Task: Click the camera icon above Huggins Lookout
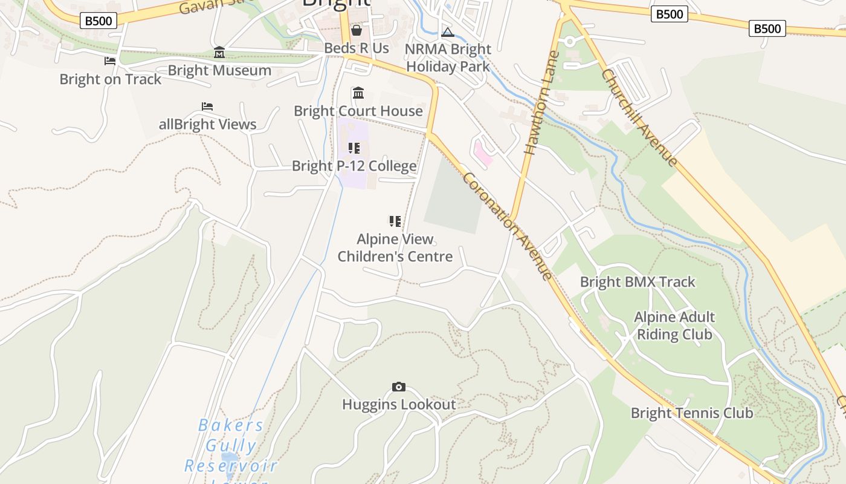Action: point(398,387)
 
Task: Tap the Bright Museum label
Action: point(219,70)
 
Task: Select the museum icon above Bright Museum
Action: point(219,53)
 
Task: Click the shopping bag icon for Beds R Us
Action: point(357,30)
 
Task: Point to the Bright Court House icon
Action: point(358,93)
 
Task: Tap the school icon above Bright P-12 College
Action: point(354,148)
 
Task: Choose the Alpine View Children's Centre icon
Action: point(395,221)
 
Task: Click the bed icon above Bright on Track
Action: point(110,61)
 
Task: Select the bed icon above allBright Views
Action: point(207,106)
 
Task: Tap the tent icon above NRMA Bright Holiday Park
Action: point(448,32)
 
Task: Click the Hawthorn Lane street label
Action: point(540,103)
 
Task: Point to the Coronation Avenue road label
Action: point(507,226)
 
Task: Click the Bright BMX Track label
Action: point(638,282)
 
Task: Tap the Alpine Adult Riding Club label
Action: point(674,325)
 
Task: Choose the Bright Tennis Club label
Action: point(692,413)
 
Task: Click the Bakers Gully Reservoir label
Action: point(231,446)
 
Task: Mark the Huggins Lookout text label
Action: point(399,404)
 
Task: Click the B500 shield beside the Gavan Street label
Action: point(98,21)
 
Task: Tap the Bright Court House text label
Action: point(358,111)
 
